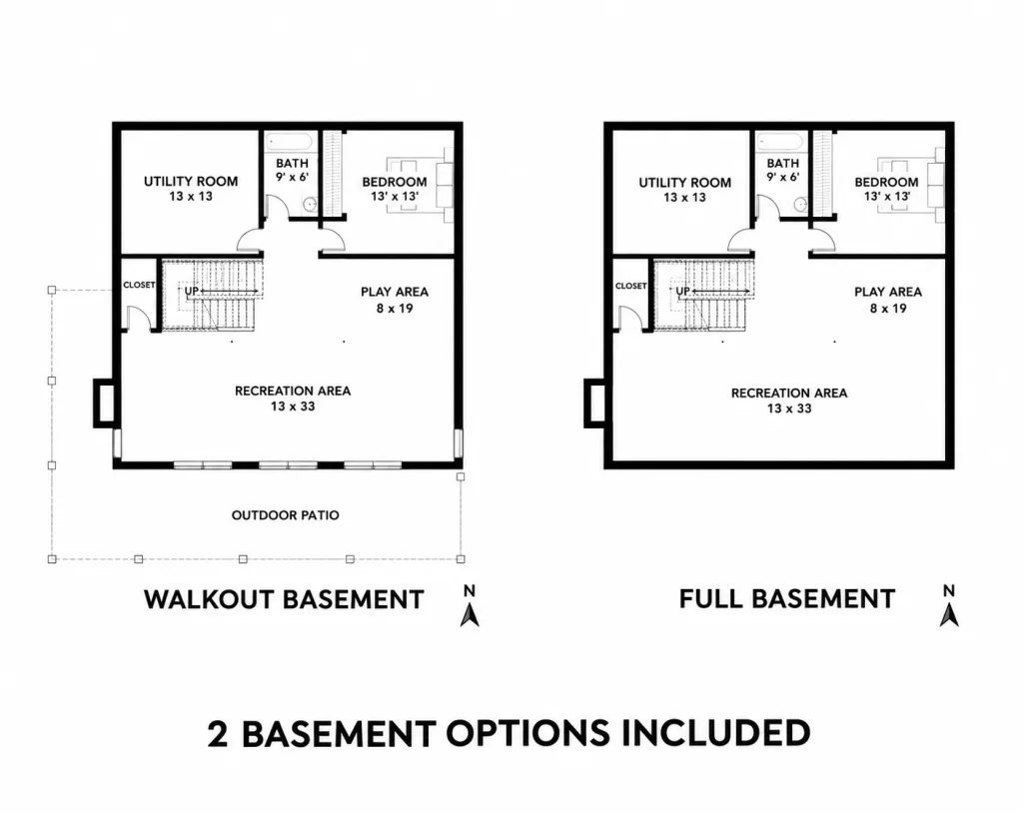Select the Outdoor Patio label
[285, 515]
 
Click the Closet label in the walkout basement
[139, 285]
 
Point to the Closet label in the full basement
[631, 286]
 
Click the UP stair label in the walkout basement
[191, 291]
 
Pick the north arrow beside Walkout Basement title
[470, 606]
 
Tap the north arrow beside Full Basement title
[949, 606]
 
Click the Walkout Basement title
[284, 599]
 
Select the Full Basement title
[787, 598]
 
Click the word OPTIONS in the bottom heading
[527, 733]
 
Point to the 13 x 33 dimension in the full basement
[789, 408]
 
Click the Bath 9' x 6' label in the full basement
[783, 170]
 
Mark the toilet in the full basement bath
[800, 204]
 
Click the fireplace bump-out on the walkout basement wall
[104, 404]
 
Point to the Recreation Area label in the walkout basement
[293, 391]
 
